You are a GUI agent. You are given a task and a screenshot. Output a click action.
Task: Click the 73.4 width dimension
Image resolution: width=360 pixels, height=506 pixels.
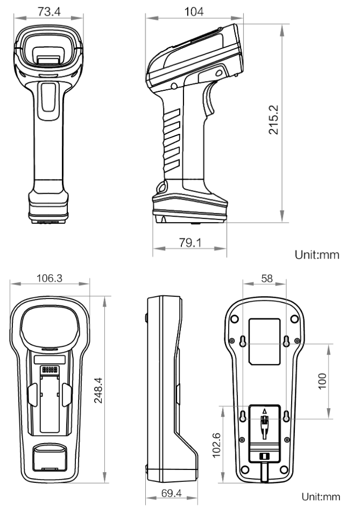click(x=49, y=12)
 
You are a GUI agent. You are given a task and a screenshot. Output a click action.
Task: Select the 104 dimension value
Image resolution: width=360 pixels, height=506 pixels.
click(x=194, y=12)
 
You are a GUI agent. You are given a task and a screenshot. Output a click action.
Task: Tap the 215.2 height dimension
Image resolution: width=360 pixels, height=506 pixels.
click(x=273, y=119)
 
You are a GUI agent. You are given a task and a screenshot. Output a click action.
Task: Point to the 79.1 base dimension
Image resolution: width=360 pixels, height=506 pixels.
click(x=190, y=243)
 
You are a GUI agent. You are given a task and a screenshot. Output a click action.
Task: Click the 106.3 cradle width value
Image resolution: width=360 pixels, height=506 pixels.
click(x=50, y=278)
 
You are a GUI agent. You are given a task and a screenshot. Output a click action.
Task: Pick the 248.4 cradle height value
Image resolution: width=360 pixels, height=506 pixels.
click(x=98, y=390)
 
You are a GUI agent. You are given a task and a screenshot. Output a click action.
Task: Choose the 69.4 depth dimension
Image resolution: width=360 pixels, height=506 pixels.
click(x=171, y=493)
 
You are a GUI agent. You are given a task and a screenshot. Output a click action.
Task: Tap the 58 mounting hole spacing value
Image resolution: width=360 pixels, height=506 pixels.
click(x=267, y=278)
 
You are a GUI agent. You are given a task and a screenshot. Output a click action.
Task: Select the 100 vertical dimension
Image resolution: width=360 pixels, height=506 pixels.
click(x=322, y=381)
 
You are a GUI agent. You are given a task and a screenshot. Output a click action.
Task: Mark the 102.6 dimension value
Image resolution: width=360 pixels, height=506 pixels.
click(x=216, y=445)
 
